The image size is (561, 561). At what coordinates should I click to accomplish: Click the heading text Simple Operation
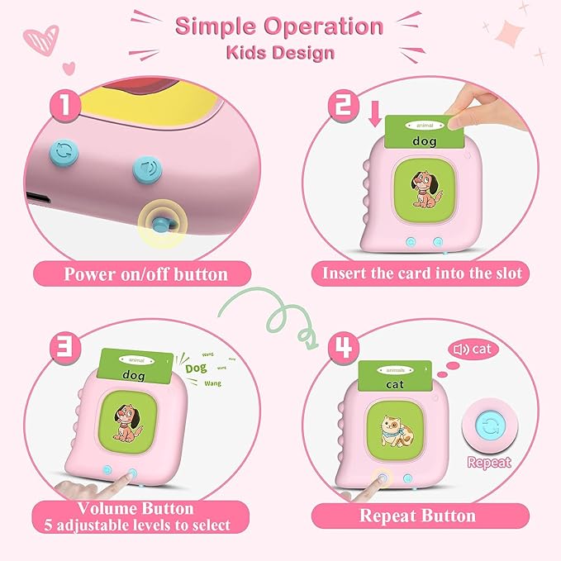coord(278,26)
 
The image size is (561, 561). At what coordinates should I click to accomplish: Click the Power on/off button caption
coord(145,273)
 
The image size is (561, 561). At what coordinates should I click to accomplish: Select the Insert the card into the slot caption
coord(418,273)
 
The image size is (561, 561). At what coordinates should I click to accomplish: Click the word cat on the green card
coord(404,383)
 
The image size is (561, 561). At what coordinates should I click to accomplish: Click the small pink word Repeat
coord(489,463)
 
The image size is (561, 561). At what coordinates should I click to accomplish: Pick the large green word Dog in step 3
coord(196,368)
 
